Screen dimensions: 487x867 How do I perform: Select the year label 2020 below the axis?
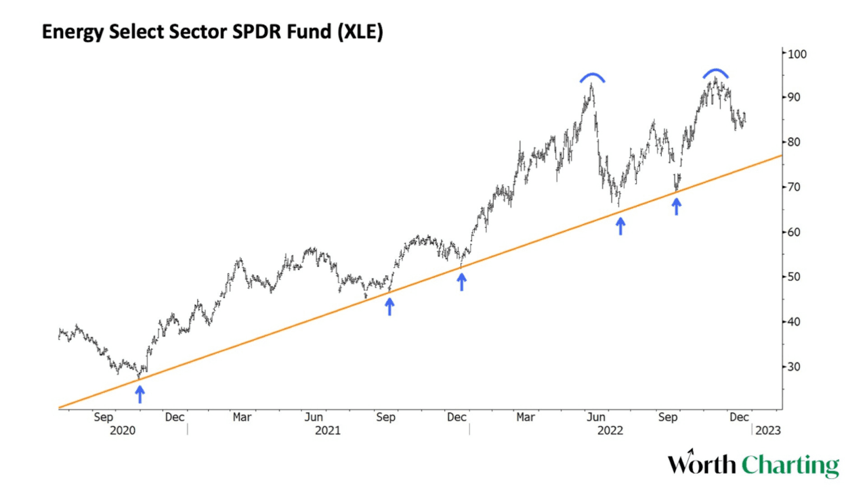(123, 430)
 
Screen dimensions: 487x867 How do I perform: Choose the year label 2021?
(328, 430)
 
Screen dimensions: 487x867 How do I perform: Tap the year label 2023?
(768, 430)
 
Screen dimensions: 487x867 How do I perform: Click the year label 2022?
(610, 430)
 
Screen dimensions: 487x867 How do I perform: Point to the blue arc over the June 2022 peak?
(592, 77)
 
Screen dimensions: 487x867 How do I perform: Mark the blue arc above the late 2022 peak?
(715, 73)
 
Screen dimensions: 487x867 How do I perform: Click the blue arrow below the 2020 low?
(140, 394)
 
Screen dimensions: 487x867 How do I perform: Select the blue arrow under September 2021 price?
(389, 306)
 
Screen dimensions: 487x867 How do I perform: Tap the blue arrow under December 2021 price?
(462, 281)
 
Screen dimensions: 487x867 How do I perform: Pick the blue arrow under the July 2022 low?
(620, 225)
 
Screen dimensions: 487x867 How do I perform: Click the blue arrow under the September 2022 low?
(676, 206)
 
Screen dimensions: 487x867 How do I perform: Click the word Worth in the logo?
(702, 465)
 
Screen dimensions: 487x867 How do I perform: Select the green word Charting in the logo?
(790, 467)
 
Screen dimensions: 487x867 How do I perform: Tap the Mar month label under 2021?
(242, 417)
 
